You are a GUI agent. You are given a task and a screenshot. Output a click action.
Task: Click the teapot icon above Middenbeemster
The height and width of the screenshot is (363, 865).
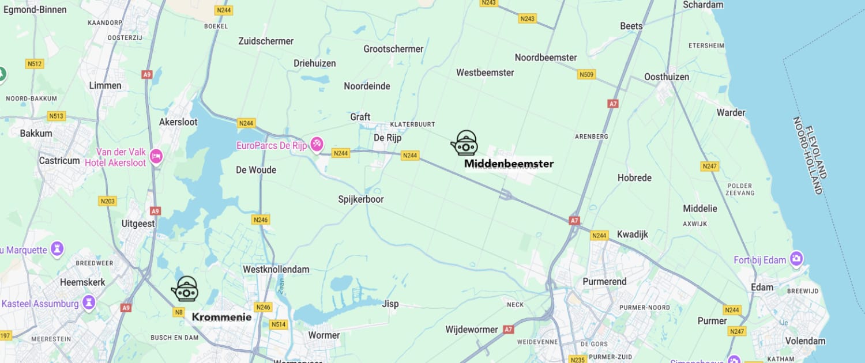[x=464, y=143]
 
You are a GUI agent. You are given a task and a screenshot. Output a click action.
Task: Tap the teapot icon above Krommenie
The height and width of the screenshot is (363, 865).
[x=185, y=289]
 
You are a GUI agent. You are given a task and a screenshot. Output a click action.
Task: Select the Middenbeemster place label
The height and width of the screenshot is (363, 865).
[x=509, y=164]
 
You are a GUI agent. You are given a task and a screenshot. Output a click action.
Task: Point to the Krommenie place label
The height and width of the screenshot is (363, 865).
[x=221, y=317]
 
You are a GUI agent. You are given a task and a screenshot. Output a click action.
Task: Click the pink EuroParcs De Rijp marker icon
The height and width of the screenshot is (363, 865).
[x=317, y=143]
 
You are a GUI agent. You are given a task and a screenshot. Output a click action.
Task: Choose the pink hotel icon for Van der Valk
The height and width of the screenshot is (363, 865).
[x=156, y=156]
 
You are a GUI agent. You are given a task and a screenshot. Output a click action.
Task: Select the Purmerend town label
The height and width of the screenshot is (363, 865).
[x=604, y=282]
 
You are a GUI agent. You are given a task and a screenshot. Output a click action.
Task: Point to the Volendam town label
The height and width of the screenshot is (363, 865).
[x=805, y=341]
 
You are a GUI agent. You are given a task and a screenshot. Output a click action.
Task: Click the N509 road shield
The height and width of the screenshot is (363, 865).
[x=586, y=74]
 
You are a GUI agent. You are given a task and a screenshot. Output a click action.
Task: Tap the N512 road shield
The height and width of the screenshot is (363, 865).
[x=35, y=64]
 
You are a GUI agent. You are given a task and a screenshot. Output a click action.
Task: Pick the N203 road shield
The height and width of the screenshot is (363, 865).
[x=107, y=201]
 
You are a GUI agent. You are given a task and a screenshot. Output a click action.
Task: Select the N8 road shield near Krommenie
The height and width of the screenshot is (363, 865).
[x=179, y=313]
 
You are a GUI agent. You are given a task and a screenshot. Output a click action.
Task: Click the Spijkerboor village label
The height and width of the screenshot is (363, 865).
[x=360, y=199]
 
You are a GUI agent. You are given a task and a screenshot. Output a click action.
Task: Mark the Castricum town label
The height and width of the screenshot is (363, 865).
[x=59, y=161]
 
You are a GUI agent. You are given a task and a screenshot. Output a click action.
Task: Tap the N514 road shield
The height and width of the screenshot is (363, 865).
[x=278, y=324]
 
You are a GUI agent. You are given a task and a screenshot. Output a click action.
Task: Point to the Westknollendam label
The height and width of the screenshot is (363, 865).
[x=276, y=269]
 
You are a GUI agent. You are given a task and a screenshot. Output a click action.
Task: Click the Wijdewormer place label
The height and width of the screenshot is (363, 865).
[x=471, y=330]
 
